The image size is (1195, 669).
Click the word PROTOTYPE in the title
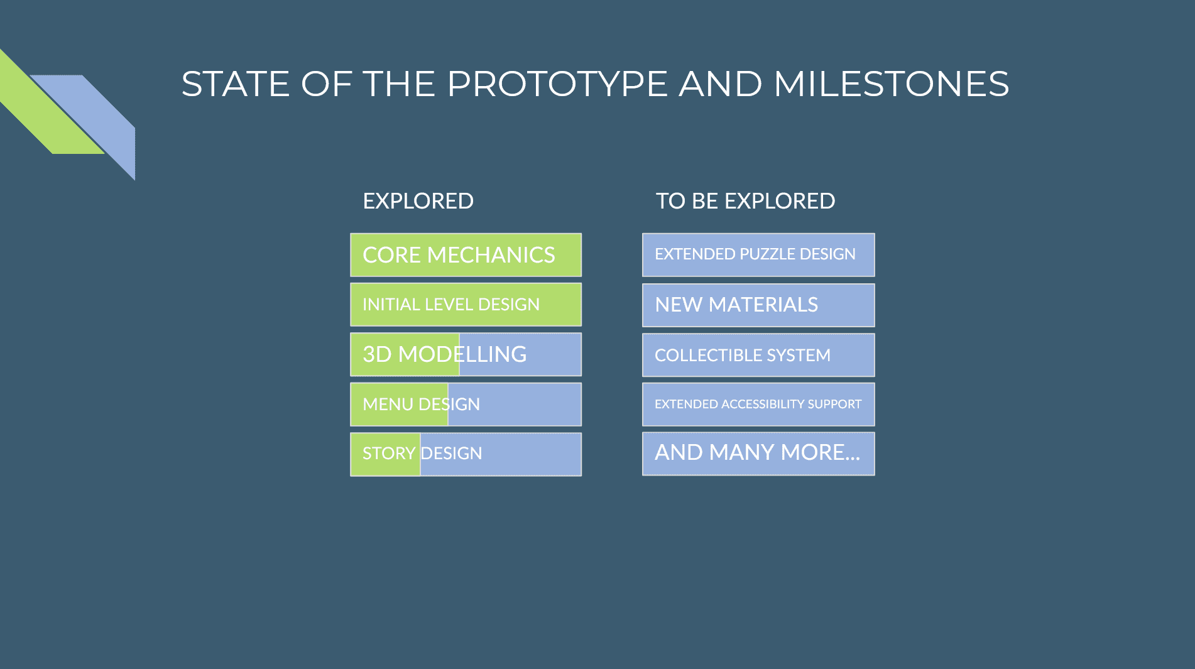(x=557, y=84)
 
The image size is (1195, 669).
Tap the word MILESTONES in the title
(x=891, y=84)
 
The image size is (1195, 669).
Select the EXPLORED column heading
(x=418, y=201)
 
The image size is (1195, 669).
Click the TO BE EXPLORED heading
(x=745, y=201)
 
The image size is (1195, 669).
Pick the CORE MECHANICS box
(x=466, y=255)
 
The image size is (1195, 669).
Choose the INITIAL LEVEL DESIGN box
(x=466, y=305)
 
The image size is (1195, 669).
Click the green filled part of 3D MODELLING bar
(x=405, y=354)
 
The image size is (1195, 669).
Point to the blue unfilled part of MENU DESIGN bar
(x=515, y=405)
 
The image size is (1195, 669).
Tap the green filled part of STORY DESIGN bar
(x=385, y=454)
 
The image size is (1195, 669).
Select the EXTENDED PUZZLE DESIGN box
(x=758, y=255)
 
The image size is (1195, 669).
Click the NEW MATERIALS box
(x=758, y=305)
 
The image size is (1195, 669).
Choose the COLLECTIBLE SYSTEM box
(x=758, y=355)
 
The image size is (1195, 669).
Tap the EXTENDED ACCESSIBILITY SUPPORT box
(x=758, y=405)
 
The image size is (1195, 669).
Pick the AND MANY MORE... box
(x=758, y=454)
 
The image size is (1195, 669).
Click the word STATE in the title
(x=236, y=84)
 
